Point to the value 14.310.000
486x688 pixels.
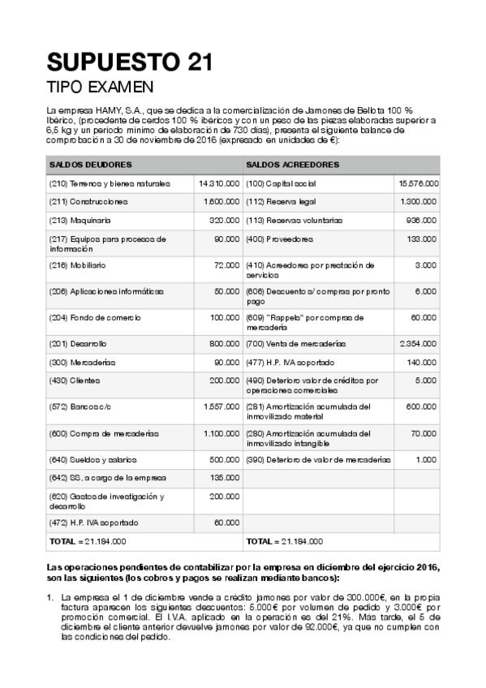[218, 183]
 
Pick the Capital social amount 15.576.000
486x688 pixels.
[419, 183]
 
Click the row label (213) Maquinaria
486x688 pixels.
[80, 220]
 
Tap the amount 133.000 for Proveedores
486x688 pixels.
[423, 239]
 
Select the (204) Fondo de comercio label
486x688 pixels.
[88, 317]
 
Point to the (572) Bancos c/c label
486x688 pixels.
[80, 406]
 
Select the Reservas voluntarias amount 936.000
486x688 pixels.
[423, 220]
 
